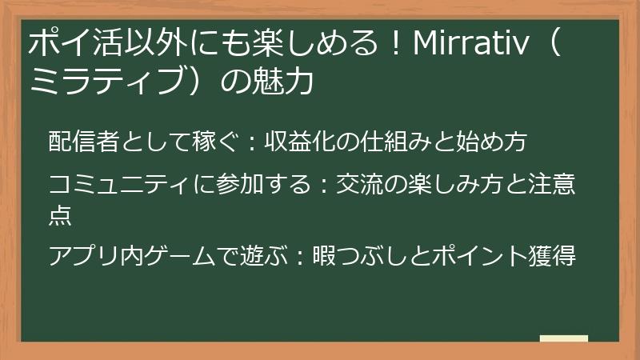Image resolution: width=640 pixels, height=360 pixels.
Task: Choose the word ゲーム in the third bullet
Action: [179, 257]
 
